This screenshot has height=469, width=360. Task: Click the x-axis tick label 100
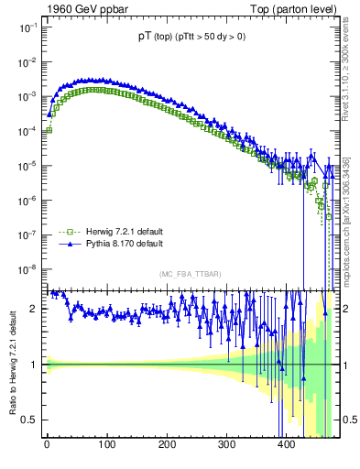coord(106,444)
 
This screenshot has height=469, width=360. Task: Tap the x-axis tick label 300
coord(226,444)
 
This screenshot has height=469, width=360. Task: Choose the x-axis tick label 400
coord(286,444)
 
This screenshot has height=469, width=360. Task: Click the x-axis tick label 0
coord(47,444)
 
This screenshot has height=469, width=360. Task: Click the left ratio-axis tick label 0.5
coord(30,420)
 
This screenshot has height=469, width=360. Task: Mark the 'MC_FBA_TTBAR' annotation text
coord(188,275)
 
